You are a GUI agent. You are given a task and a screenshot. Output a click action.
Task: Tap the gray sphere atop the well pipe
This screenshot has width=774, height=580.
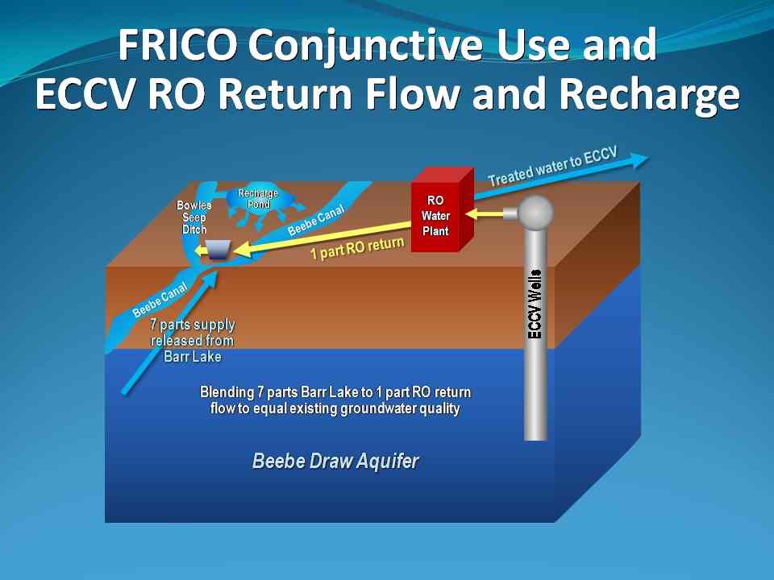pyautogui.click(x=535, y=213)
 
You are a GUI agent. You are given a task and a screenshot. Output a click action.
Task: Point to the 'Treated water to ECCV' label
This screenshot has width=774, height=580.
pyautogui.click(x=552, y=167)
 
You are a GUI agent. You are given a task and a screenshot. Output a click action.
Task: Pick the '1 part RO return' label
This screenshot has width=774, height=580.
pyautogui.click(x=357, y=249)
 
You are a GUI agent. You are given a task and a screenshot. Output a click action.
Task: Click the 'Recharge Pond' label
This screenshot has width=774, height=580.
pyautogui.click(x=258, y=198)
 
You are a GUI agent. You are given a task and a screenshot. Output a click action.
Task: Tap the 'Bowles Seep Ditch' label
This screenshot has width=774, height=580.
pyautogui.click(x=194, y=217)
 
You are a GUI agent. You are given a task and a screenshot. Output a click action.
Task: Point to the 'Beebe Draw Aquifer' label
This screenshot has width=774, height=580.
pyautogui.click(x=335, y=462)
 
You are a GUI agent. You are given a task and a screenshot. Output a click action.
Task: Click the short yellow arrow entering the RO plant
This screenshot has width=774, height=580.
pyautogui.click(x=486, y=213)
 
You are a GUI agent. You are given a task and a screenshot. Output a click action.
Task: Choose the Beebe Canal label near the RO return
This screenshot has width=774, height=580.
pyautogui.click(x=316, y=219)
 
